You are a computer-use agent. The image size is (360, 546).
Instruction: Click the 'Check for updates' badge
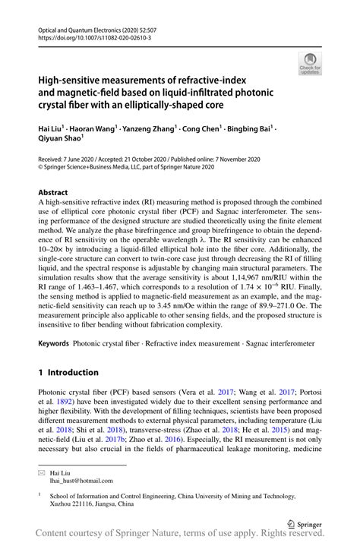click(x=311, y=64)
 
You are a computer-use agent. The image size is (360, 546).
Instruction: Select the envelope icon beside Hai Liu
click(x=43, y=471)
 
